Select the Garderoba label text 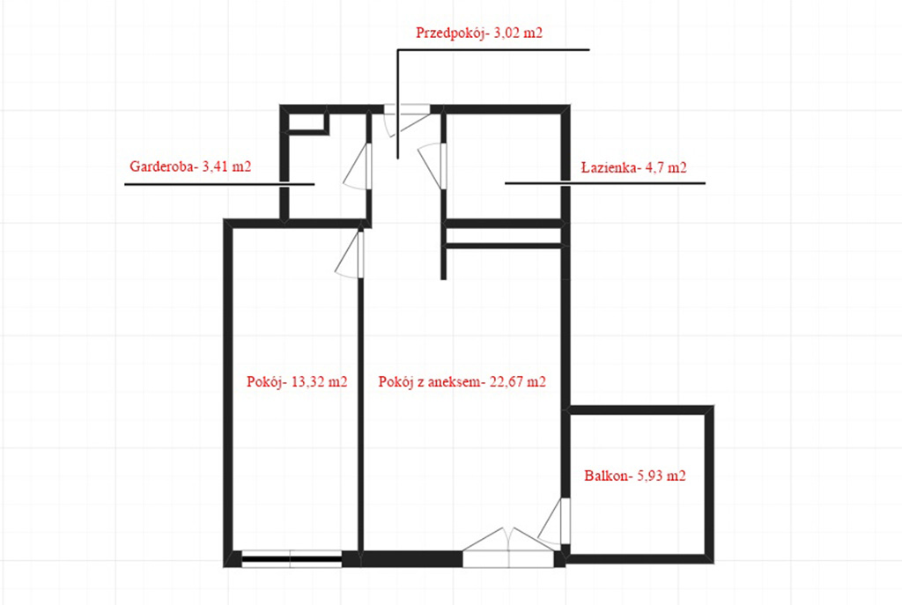click(x=163, y=166)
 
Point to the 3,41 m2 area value click(x=227, y=166)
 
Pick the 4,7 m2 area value click(x=670, y=167)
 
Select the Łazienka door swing click(x=433, y=164)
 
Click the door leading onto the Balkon click(x=555, y=523)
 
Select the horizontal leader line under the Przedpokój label click(x=493, y=50)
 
